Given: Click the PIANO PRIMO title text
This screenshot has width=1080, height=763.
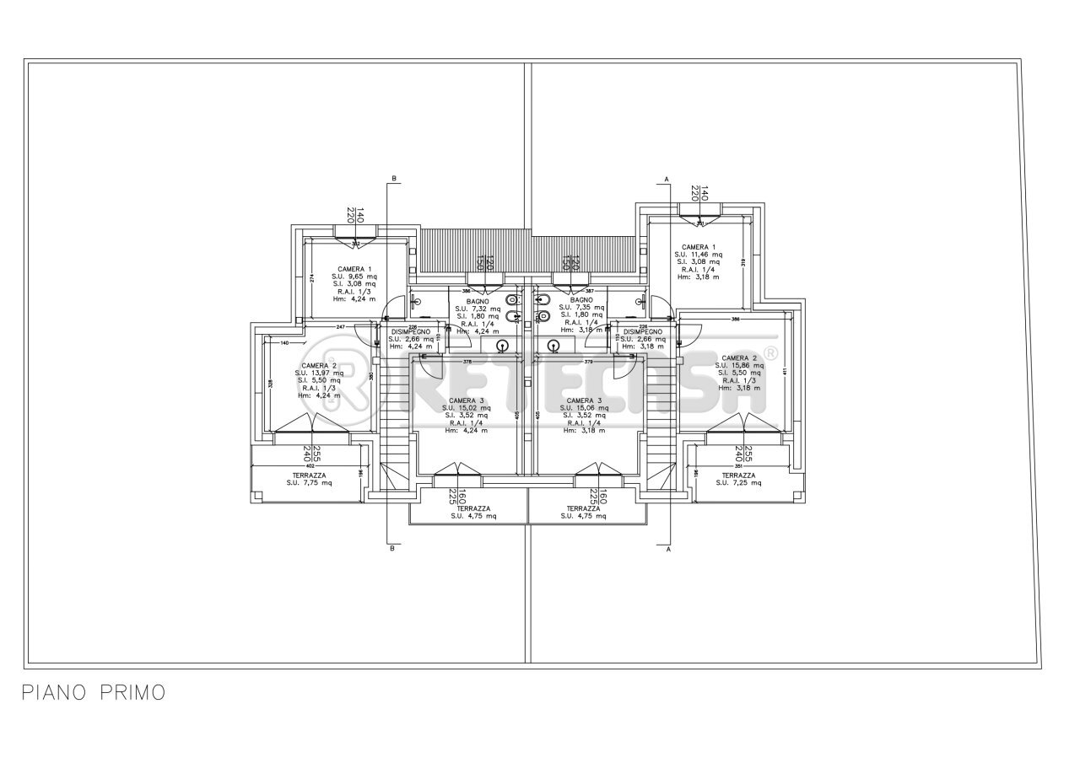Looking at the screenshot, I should pos(93,693).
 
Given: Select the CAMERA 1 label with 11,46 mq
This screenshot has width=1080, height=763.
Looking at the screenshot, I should pos(699,246).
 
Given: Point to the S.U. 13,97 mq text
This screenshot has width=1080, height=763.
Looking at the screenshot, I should pos(319,373).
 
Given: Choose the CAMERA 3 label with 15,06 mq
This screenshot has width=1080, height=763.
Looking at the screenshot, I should pos(584,400).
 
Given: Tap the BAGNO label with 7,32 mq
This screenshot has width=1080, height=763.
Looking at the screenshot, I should pos(478,301).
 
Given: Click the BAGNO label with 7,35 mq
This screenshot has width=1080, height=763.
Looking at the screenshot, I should pos(580,300).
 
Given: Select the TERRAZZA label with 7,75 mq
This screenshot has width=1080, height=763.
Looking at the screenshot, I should pos(308,476).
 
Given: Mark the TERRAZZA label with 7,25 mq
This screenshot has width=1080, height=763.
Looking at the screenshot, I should pos(738,476).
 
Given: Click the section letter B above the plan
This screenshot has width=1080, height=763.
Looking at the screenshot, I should pos(393,179).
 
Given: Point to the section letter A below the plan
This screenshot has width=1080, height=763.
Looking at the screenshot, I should pos(667,549).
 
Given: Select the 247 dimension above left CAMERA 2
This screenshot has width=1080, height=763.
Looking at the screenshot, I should pos(341,326).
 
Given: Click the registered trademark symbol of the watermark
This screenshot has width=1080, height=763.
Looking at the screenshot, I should pos(769,352).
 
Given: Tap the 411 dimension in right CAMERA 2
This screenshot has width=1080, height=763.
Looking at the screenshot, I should pos(785,371).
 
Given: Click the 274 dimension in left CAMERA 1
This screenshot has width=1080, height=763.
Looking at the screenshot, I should pos(311,277).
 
